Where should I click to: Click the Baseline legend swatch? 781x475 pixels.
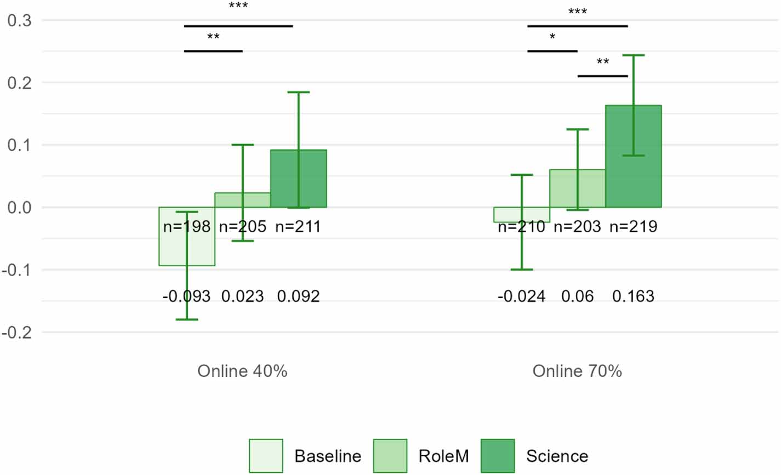click(x=266, y=456)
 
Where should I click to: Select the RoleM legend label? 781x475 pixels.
click(x=443, y=456)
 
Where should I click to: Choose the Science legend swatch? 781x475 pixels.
click(x=498, y=456)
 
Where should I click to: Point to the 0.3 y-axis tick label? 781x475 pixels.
click(x=19, y=21)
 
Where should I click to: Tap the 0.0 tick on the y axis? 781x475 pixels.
click(x=19, y=208)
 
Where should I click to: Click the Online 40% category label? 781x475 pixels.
click(x=242, y=371)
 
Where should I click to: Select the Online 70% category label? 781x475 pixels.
click(x=577, y=371)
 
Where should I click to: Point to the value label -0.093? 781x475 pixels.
click(x=186, y=296)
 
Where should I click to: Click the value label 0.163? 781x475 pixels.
click(x=633, y=296)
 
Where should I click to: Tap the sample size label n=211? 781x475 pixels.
click(x=298, y=226)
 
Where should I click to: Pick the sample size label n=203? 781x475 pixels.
click(x=577, y=226)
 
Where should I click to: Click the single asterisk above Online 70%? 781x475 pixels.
click(x=552, y=37)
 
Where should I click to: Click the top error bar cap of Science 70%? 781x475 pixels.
click(x=634, y=55)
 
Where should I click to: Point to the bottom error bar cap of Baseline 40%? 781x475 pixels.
click(x=187, y=319)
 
